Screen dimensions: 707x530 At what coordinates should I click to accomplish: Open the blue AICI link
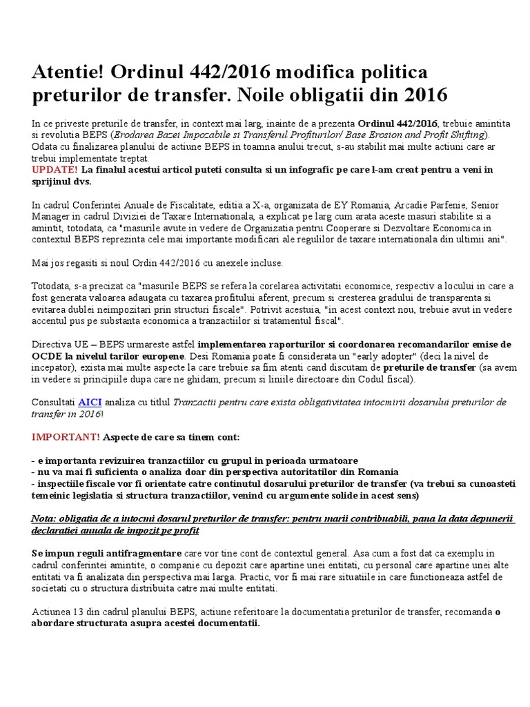(x=89, y=402)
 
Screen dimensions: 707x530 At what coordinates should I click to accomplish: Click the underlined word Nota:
(x=47, y=519)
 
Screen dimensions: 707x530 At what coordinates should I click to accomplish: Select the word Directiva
(x=52, y=344)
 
